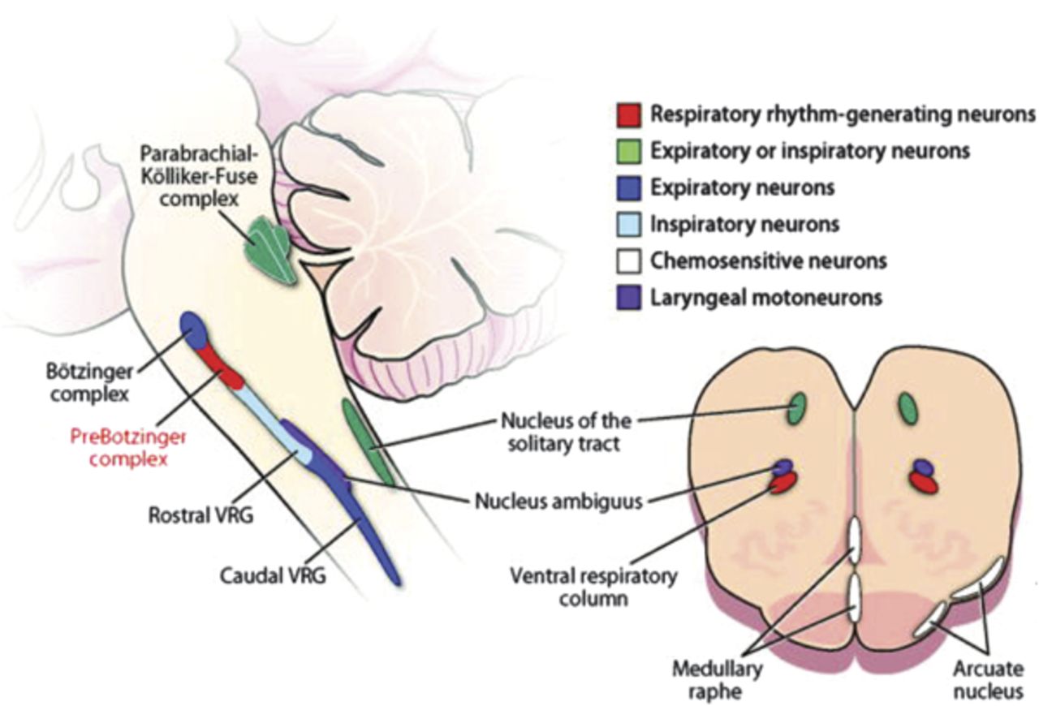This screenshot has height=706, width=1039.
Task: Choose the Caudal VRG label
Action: (x=274, y=578)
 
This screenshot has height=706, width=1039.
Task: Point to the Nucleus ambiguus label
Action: (x=558, y=500)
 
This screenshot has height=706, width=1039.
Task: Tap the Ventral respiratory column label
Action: (x=593, y=588)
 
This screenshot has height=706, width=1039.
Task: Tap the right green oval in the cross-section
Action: (x=908, y=408)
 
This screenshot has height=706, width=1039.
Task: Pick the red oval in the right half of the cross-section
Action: (x=925, y=482)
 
